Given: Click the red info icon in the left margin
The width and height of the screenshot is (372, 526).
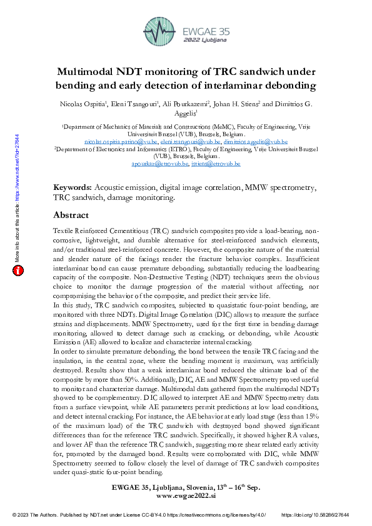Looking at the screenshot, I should click(18, 270).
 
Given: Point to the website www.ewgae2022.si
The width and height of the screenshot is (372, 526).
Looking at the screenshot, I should click(186, 495).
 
